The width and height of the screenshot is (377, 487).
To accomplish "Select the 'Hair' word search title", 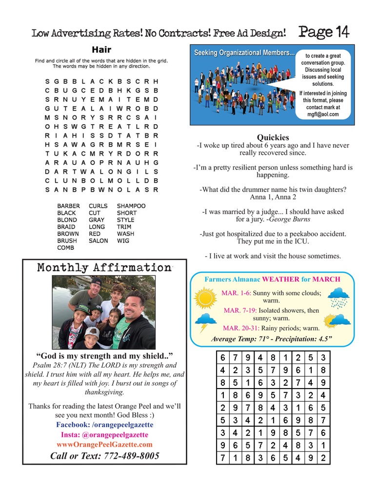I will point(101,50).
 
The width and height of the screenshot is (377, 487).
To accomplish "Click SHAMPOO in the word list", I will point(131,206).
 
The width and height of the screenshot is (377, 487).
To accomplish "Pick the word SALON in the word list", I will point(99,241).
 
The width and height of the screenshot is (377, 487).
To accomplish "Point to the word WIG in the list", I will point(123,241).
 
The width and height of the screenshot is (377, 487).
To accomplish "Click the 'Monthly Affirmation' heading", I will point(104,267).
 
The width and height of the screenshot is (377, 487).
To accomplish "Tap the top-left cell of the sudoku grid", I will point(222,357).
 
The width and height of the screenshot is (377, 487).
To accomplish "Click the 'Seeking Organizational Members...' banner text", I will point(244,53).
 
